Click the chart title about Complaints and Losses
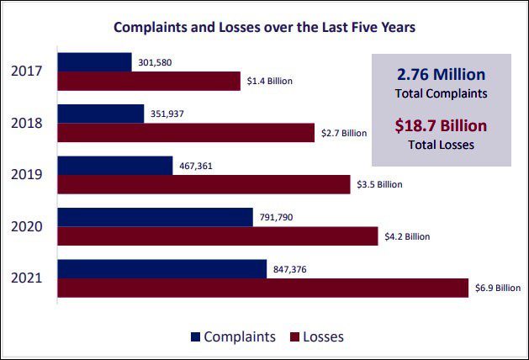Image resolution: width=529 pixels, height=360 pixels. [265, 27]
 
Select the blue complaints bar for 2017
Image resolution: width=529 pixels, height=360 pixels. [94, 62]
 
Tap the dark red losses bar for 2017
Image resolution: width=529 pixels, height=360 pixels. [149, 81]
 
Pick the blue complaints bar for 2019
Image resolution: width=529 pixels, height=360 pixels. [115, 165]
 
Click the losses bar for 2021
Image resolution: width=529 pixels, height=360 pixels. [262, 288]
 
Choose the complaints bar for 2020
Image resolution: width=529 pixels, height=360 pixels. [155, 217]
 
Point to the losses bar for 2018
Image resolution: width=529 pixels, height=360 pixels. [186, 132]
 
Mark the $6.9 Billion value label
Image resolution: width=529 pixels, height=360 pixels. [497, 288]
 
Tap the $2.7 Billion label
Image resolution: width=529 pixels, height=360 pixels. [344, 133]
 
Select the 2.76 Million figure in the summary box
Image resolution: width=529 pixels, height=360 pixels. [442, 74]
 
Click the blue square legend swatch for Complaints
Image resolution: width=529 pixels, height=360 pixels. [197, 336]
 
